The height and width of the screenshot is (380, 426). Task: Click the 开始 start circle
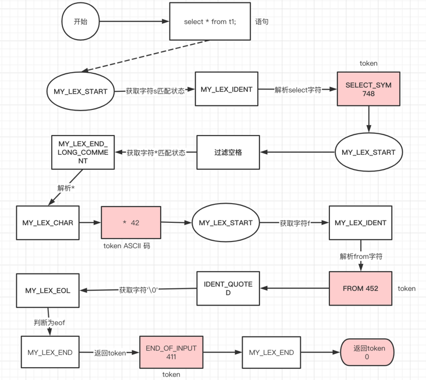(81, 22)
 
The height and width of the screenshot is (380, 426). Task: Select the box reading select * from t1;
(210, 22)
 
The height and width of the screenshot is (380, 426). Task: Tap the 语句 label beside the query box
(262, 22)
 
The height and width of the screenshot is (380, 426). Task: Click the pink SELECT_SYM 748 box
(368, 89)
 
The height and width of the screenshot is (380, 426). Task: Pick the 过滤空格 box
(228, 152)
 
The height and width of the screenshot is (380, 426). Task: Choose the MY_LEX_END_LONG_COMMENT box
(83, 152)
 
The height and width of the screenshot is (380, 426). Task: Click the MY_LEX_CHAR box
(48, 222)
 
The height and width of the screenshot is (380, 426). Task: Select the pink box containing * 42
(131, 222)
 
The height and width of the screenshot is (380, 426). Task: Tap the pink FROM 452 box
(360, 288)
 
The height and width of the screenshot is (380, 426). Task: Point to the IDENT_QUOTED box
(228, 288)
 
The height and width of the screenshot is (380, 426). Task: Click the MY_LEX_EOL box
(48, 290)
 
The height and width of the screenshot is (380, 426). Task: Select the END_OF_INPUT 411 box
(171, 352)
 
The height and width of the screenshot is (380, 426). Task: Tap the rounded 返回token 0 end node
(367, 353)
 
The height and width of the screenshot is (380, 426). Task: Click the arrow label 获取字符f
(295, 222)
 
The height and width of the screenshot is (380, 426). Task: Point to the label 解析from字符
(361, 255)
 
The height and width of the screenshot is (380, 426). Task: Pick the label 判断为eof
(49, 321)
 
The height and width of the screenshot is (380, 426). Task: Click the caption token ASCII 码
(127, 246)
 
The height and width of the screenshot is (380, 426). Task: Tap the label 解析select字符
(298, 90)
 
